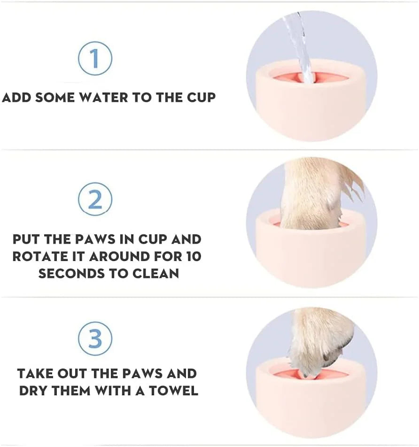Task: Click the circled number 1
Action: click(x=95, y=59)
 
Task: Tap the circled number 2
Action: click(x=95, y=199)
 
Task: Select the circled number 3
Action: click(x=95, y=339)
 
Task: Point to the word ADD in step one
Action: click(x=17, y=98)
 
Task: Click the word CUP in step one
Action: click(x=199, y=98)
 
